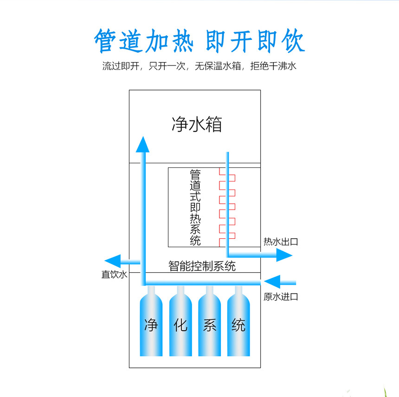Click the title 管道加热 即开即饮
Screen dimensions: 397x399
pos(199,41)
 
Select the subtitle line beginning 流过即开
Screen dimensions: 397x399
pos(199,66)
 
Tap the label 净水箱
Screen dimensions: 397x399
pos(197,125)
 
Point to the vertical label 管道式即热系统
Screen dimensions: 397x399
pos(195,207)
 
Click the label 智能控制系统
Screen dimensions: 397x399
pos(202,266)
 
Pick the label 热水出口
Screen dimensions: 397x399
pos(280,242)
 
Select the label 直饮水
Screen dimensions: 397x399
pos(114,275)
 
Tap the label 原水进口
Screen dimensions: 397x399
pos(281,296)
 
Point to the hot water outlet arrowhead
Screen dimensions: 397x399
pos(284,255)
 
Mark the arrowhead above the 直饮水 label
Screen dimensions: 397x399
pos(113,261)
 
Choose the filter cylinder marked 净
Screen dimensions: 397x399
pos(151,325)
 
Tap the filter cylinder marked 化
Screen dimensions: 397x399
pos(180,325)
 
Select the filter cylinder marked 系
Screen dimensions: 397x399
pos(209,325)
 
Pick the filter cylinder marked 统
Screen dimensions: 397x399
pos(238,325)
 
